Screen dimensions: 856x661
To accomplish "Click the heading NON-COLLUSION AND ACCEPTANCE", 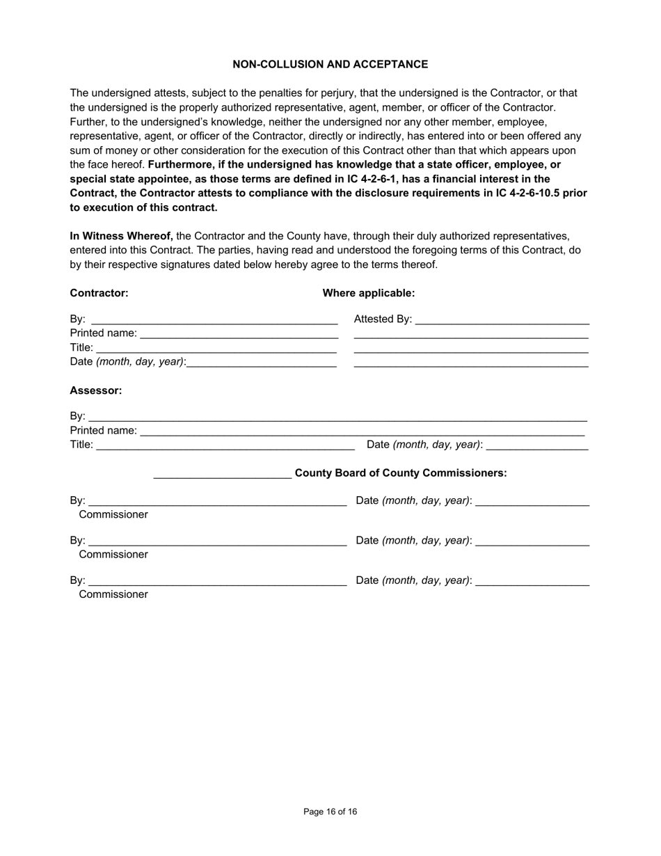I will point(330,64).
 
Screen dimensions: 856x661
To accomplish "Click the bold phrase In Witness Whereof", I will point(121,236).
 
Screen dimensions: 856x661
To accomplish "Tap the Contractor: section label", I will point(99,293).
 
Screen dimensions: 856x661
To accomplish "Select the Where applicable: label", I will point(368,293).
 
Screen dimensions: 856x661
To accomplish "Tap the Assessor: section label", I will point(95,390).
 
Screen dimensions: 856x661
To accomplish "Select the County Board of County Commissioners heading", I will point(401,473).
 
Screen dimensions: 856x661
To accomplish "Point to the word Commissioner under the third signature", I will point(113,594).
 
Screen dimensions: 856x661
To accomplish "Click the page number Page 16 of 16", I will point(330,811).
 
